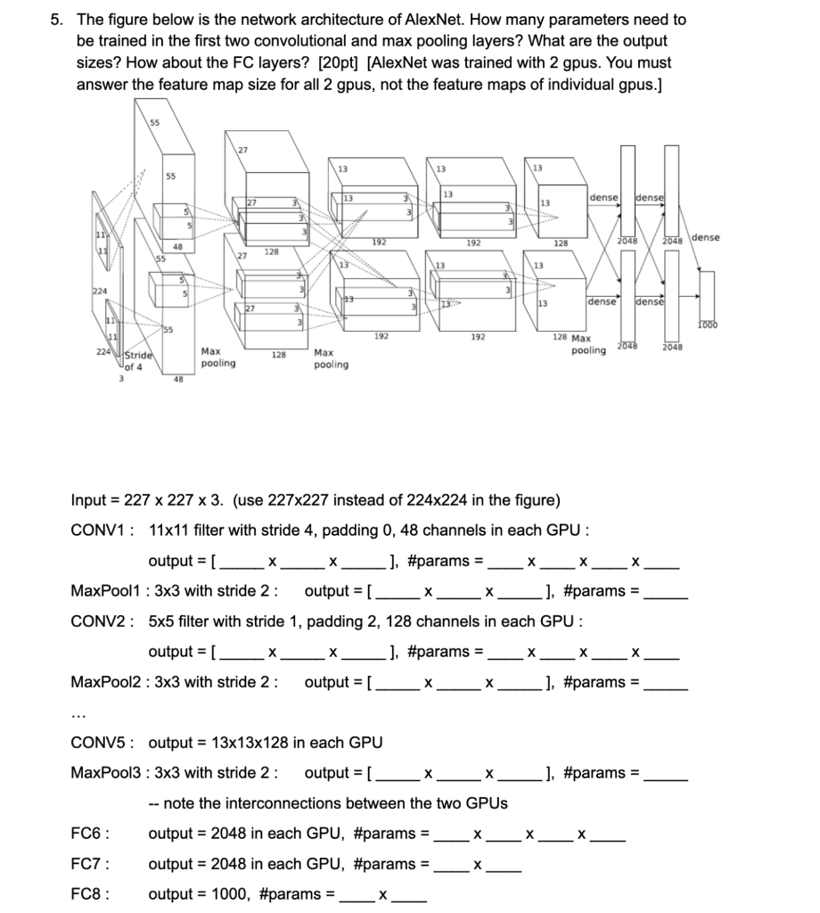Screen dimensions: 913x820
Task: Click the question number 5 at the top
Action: [55, 20]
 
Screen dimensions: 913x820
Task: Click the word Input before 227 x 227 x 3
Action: [89, 499]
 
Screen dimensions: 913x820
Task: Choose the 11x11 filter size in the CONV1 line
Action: [168, 531]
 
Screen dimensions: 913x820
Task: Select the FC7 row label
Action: [89, 864]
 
